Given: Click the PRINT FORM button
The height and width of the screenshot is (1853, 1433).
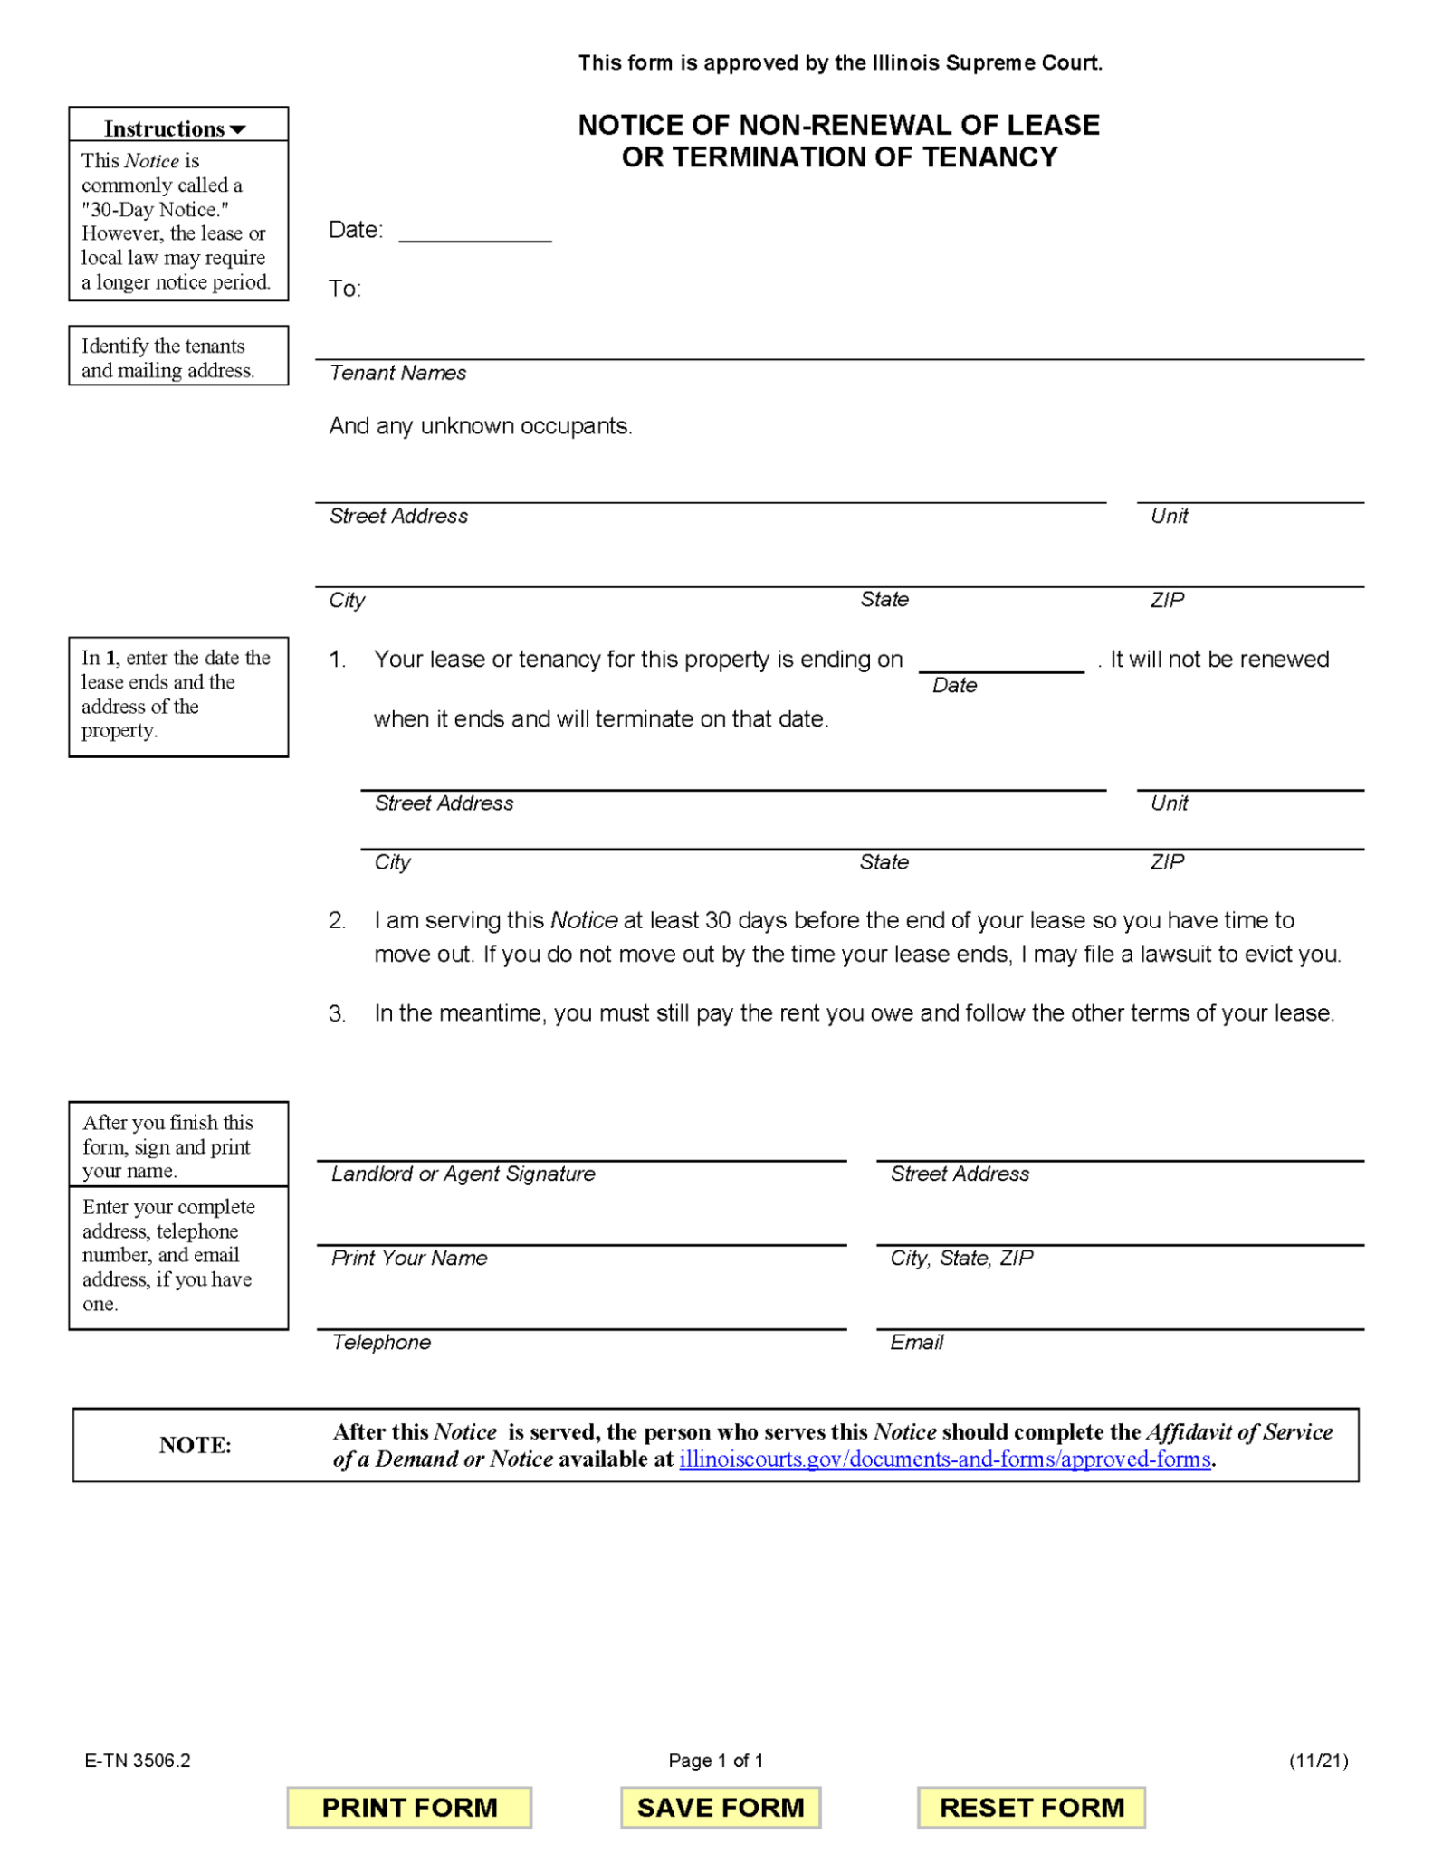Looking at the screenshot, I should (409, 1807).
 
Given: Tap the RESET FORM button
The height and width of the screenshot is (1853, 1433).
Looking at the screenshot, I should (1031, 1807).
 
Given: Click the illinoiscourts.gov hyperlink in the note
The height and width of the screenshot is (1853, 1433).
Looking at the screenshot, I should (944, 1459).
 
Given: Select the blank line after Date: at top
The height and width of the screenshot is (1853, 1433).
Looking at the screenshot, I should (475, 232).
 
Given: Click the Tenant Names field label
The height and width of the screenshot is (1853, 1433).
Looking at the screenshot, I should (397, 373).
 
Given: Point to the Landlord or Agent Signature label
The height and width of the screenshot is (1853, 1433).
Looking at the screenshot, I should (463, 1174).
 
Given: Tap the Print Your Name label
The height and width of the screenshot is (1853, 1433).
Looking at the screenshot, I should (409, 1258).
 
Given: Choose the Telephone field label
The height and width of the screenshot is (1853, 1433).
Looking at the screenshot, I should (381, 1342).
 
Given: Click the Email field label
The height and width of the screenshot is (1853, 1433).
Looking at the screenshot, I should (916, 1342).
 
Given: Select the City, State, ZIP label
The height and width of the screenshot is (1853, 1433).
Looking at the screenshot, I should (961, 1258).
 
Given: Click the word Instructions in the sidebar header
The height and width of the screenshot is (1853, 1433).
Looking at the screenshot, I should (164, 128).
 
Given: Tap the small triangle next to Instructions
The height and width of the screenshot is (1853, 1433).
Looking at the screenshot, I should (238, 129).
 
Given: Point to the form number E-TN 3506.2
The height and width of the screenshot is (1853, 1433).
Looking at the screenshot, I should (138, 1760).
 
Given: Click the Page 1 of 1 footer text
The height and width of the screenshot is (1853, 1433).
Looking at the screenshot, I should (716, 1760).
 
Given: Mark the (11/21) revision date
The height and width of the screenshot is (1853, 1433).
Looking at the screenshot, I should (1318, 1760).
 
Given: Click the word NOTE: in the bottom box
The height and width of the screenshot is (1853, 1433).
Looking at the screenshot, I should (196, 1445).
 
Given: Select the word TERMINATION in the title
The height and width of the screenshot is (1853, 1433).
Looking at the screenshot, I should (791, 157).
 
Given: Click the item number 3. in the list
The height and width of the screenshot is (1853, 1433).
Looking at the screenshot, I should (337, 1013).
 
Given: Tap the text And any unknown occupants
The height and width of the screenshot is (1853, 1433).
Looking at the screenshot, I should (480, 426).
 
